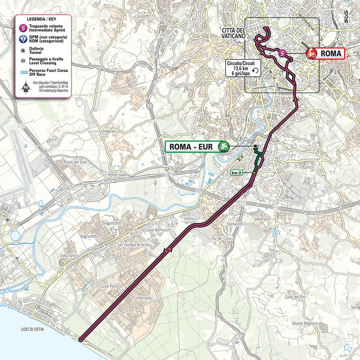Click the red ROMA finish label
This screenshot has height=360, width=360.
click(325, 53)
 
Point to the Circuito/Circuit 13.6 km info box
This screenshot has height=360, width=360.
click(243, 67)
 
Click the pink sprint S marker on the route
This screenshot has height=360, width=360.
click(283, 53)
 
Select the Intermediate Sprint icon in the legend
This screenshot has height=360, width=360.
click(24, 29)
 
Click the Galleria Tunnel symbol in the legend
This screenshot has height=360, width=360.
click(24, 50)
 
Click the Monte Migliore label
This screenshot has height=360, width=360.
click(305, 323)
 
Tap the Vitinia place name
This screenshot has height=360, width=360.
click(189, 219)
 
